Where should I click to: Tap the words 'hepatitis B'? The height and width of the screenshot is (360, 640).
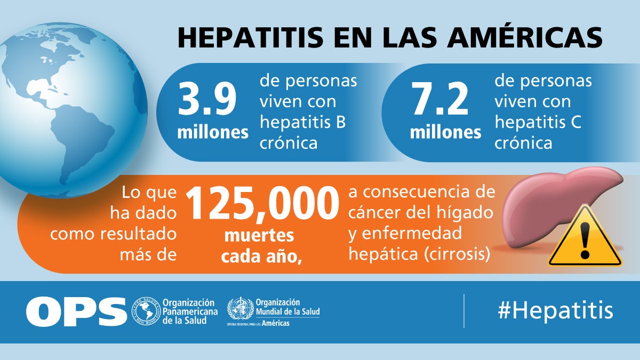302,122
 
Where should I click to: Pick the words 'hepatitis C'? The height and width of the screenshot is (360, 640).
538,122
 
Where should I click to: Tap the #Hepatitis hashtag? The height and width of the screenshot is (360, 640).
555,310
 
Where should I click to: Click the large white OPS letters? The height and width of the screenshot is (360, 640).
76,311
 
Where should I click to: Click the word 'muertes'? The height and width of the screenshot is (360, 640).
259,235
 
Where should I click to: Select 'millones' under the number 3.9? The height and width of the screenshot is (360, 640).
213,132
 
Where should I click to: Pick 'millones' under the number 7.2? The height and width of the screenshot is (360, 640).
445,132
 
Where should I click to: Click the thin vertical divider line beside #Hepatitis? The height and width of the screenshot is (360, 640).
463,310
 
